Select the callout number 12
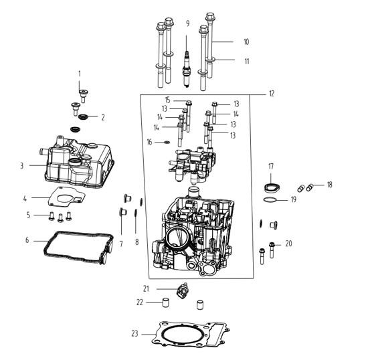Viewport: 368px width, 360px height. [x=271, y=94]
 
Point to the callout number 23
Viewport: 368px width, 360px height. [x=134, y=333]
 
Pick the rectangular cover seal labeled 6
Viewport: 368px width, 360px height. [x=78, y=248]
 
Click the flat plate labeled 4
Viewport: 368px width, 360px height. [x=66, y=197]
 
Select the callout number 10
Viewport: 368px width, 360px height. [x=246, y=42]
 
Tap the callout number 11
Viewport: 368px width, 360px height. [x=246, y=62]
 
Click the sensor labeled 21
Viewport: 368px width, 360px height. [x=182, y=290]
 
